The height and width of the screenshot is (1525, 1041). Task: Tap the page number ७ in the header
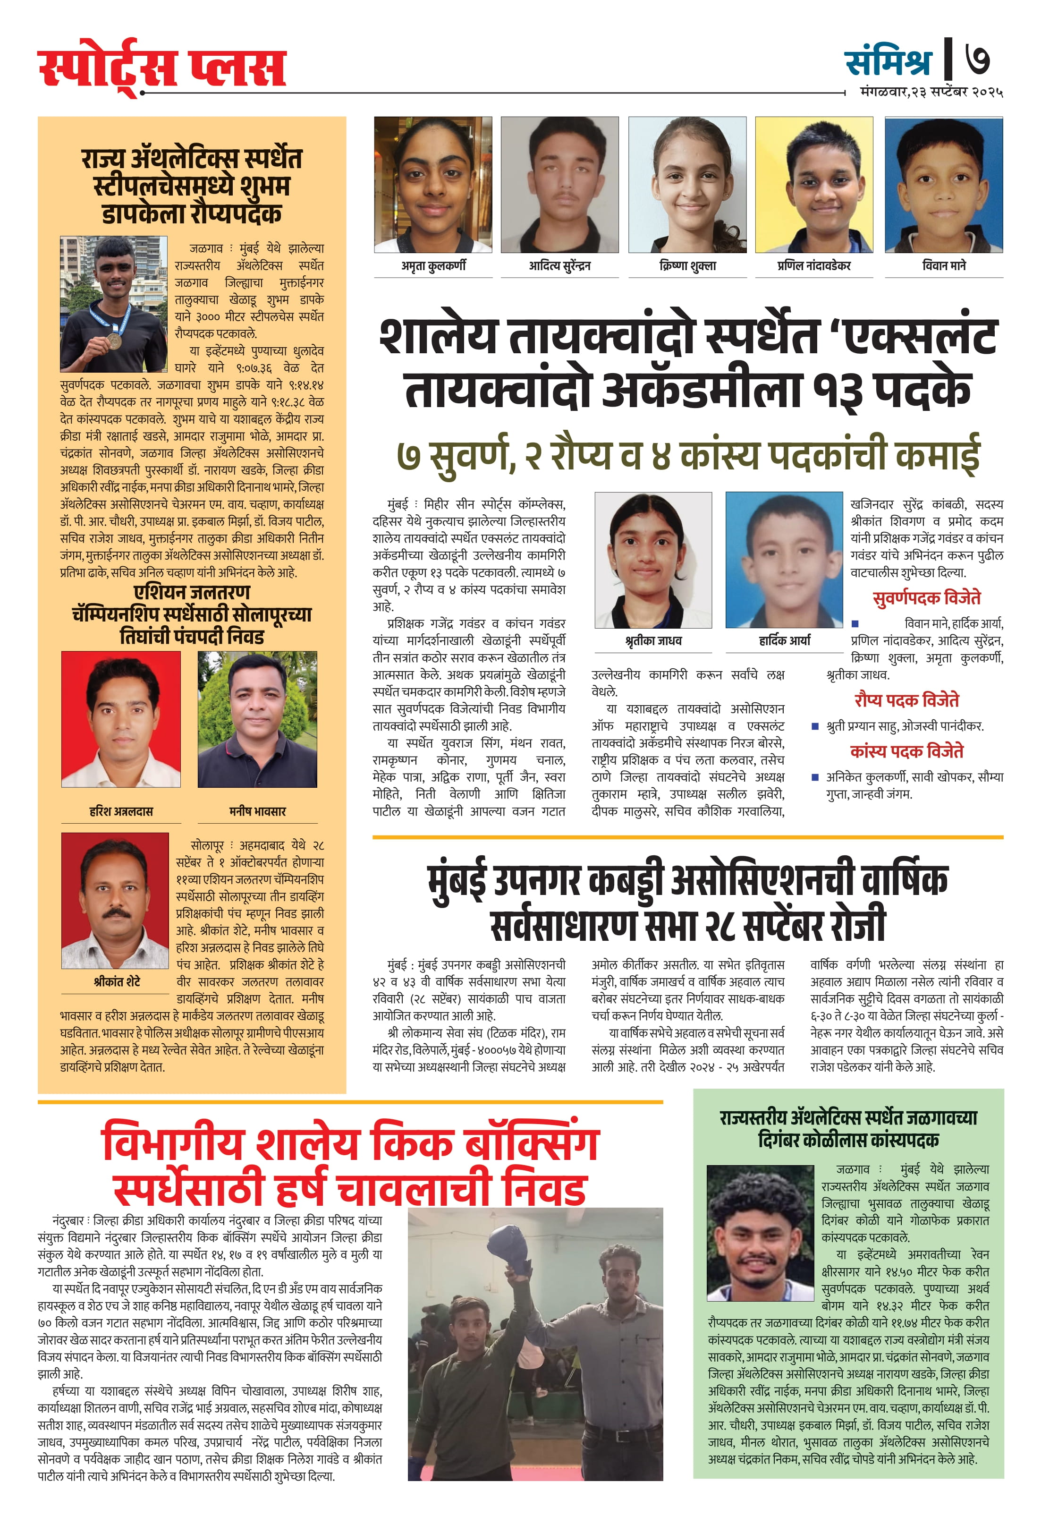click(x=977, y=60)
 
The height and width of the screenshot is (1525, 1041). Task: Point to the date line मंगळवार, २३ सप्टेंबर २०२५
click(x=931, y=93)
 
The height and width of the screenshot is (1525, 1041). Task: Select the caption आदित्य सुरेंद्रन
click(x=559, y=266)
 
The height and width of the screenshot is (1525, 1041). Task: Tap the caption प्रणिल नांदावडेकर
click(x=813, y=266)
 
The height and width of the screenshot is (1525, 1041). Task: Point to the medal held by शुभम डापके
click(x=114, y=340)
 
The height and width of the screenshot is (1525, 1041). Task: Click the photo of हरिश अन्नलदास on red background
click(x=121, y=719)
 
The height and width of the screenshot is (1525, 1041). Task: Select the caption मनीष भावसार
click(x=257, y=812)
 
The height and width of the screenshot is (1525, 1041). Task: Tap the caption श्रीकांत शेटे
click(x=117, y=982)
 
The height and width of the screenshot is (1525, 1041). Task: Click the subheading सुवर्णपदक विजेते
click(x=926, y=598)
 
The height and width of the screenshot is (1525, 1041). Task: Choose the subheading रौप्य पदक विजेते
click(x=906, y=700)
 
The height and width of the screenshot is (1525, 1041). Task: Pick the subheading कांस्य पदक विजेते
click(x=906, y=751)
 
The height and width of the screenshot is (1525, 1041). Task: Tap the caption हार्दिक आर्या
click(x=784, y=640)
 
